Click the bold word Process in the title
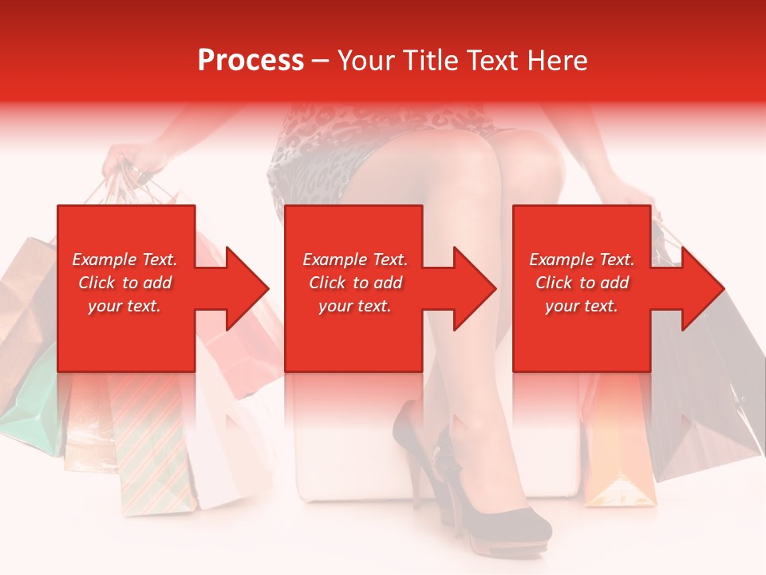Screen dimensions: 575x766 click(251, 61)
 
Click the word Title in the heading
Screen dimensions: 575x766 click(433, 61)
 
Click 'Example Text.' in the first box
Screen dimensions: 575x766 click(125, 260)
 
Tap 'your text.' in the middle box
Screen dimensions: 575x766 click(354, 306)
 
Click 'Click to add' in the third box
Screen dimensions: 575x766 click(582, 283)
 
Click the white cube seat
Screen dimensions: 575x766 click(343, 447)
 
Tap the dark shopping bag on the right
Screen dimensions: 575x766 click(710, 415)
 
